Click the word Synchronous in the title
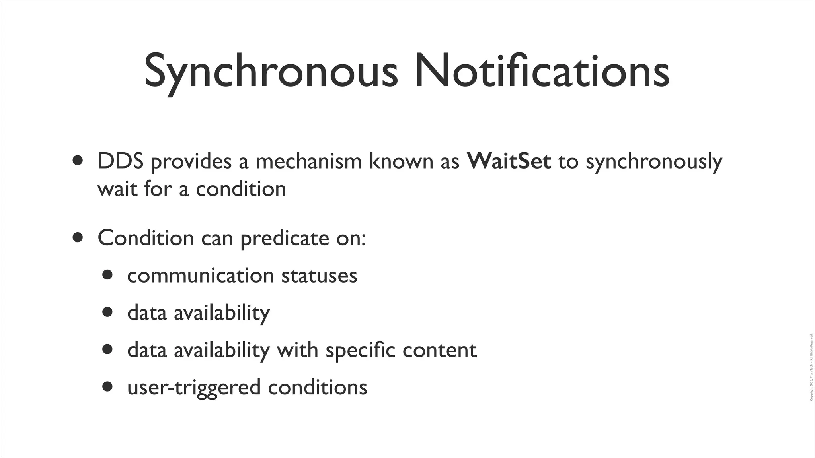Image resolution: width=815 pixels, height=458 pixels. click(271, 72)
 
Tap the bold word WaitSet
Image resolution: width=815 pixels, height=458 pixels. click(509, 161)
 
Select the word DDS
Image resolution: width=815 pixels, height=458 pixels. click(120, 161)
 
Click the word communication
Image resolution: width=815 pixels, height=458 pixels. click(201, 276)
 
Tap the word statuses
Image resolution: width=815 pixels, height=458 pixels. click(319, 276)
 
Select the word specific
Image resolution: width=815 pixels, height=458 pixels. click(360, 350)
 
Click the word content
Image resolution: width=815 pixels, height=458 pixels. click(439, 350)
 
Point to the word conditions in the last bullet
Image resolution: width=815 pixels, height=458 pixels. click(317, 387)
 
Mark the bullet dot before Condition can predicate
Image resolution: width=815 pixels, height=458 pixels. click(78, 237)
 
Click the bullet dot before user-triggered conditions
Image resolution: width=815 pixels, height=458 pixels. click(107, 386)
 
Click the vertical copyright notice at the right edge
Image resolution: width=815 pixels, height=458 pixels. click(811, 367)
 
